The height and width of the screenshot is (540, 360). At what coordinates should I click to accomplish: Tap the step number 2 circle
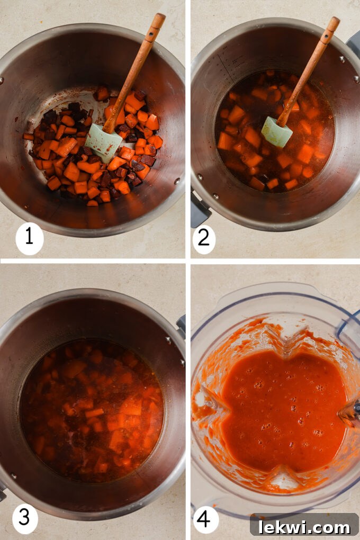[204, 239]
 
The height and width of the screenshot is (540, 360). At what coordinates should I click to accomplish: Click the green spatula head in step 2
[276, 132]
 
